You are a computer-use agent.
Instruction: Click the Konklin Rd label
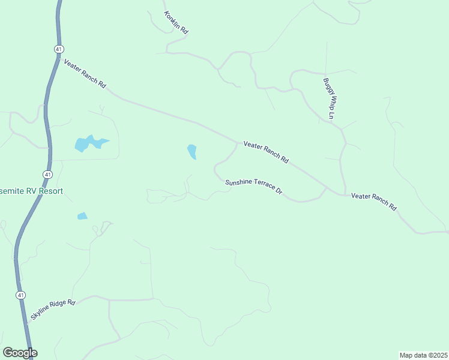[176, 22]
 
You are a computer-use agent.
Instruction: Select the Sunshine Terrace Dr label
[253, 187]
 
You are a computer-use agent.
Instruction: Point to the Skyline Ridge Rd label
[53, 310]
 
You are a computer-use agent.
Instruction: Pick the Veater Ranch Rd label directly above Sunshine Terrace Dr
[266, 153]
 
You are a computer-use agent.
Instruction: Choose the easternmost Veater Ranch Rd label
[374, 200]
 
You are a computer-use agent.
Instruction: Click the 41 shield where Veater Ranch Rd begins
[58, 49]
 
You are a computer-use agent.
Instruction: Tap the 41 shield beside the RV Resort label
[47, 174]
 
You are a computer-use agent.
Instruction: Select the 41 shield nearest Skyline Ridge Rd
[20, 295]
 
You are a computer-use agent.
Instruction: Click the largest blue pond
[89, 143]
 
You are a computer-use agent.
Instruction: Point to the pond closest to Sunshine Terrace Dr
[192, 152]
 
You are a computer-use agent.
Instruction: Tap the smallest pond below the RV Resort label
[82, 216]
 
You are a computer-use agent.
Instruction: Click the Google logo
[20, 353]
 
